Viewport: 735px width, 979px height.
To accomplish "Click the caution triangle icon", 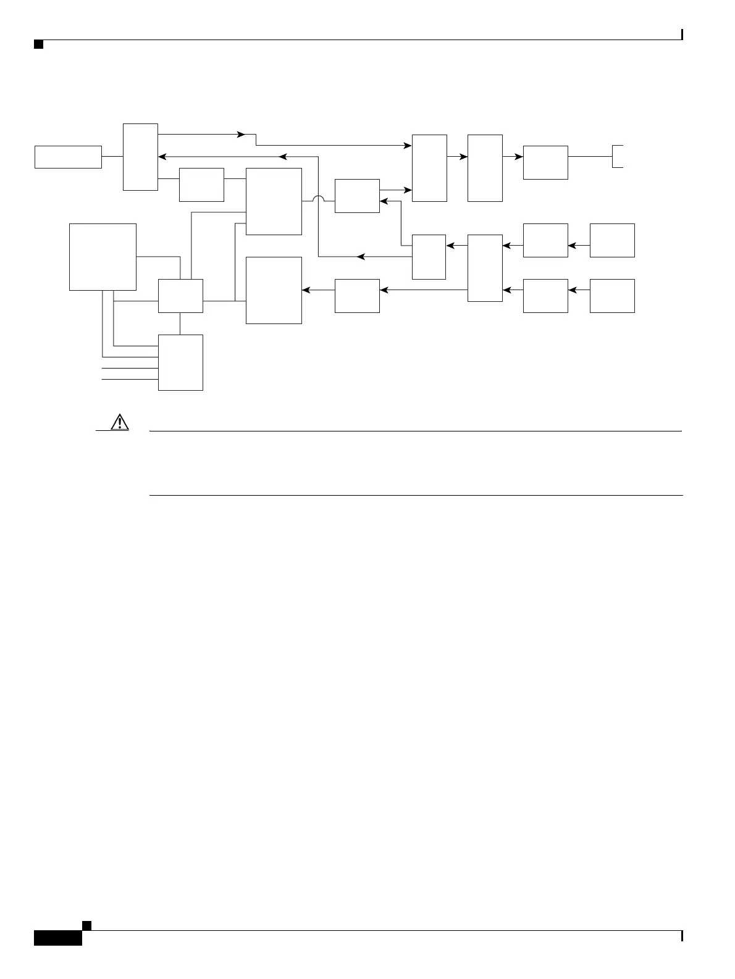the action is coord(118,422).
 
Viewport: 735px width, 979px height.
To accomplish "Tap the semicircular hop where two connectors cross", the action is coord(319,199).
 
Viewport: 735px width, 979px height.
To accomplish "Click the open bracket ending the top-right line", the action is coord(617,157).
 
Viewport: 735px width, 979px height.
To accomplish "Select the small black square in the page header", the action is coord(38,44).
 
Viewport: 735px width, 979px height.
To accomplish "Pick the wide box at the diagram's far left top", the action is coord(68,157).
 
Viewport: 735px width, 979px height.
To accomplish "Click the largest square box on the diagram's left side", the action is coord(103,257).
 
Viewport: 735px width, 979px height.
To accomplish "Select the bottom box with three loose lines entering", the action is coord(180,362).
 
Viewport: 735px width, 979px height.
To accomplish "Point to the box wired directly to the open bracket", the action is coord(545,162).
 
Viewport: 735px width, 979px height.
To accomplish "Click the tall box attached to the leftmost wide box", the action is coord(140,157).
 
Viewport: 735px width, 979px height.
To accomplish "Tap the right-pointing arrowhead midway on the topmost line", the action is coord(242,134).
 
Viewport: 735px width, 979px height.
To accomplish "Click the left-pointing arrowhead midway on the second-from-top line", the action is coord(282,157).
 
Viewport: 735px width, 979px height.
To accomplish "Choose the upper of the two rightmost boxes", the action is coord(612,240).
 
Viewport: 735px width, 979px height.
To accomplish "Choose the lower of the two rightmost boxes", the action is coord(612,296).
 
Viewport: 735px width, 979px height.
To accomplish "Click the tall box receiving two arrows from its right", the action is coord(485,268).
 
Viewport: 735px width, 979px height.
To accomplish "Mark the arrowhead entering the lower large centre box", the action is coord(306,290).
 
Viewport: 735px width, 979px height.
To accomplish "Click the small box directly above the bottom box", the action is coord(180,296).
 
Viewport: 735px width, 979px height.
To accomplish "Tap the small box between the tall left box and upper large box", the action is coord(201,185).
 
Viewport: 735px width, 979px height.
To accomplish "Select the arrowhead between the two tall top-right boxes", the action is coord(464,157).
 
